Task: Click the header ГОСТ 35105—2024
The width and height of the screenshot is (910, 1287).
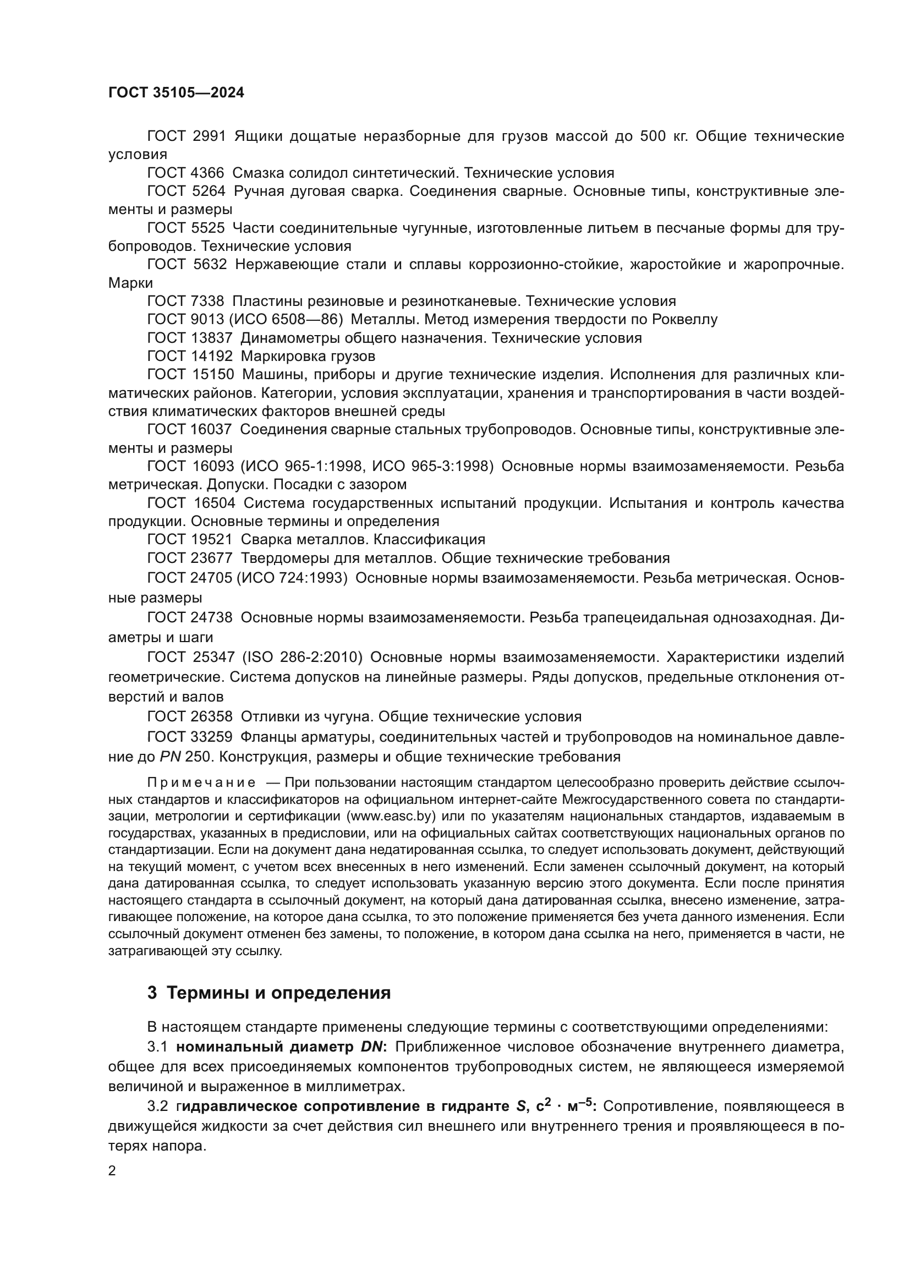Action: [x=176, y=92]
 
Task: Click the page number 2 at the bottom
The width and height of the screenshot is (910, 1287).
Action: [x=112, y=1170]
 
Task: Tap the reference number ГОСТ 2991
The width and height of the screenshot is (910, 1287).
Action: [x=186, y=136]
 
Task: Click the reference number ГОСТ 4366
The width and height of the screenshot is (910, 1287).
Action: [x=185, y=173]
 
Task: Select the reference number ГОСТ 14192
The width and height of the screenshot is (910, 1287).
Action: [x=189, y=356]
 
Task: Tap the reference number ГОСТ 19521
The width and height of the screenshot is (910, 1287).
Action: [x=189, y=539]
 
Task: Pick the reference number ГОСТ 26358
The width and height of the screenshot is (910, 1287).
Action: [x=189, y=716]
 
